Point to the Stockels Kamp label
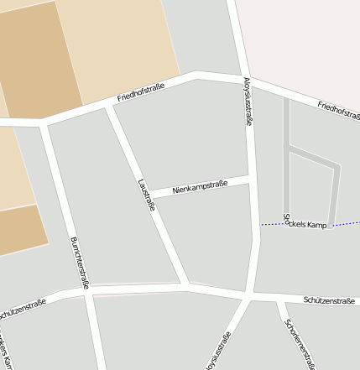[x=305, y=225]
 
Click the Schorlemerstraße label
[x=300, y=343]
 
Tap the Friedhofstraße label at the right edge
[x=338, y=114]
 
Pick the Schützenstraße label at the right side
[x=330, y=300]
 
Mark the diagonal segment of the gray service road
[x=314, y=156]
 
